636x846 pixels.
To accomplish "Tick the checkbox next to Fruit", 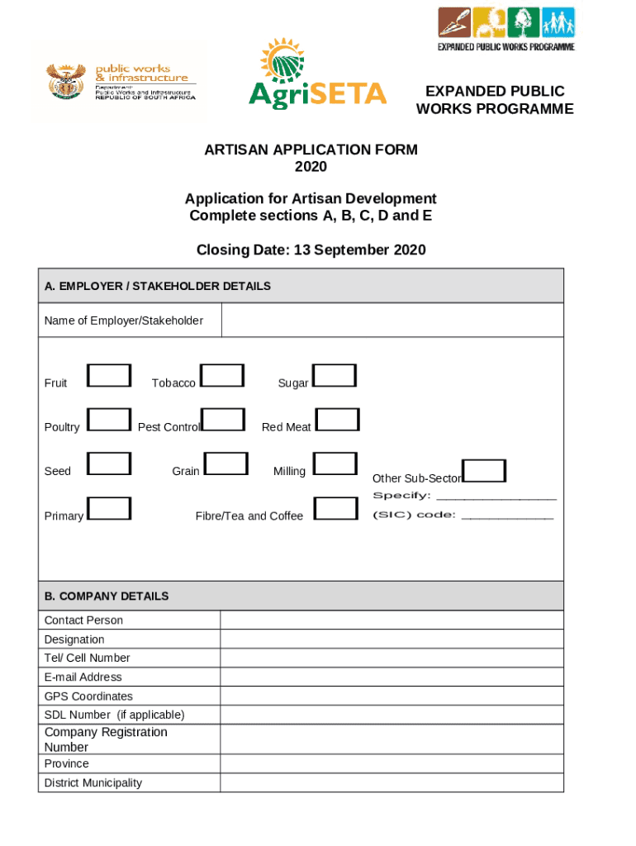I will [109, 376].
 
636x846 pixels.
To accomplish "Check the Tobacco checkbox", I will [223, 376].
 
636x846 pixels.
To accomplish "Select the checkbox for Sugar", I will [335, 376].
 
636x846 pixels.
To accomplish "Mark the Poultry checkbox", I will [109, 420].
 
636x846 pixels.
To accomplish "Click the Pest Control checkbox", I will [223, 420].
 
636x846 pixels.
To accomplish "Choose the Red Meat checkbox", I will [339, 420].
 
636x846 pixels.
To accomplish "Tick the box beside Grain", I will [226, 463].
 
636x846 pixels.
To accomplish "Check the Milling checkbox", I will [335, 463].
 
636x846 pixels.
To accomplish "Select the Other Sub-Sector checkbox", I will [485, 471].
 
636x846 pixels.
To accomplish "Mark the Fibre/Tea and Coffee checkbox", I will [337, 508].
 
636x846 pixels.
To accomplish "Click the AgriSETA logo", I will [317, 75].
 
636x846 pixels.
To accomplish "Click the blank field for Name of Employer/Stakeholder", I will [392, 321].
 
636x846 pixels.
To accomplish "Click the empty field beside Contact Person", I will [392, 620].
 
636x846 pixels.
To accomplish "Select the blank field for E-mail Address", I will [392, 677].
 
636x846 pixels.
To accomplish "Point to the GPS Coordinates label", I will [88, 696].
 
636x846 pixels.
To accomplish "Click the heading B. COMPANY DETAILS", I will [107, 596].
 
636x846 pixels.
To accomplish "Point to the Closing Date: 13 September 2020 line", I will [311, 250].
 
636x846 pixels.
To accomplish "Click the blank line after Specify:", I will [496, 497].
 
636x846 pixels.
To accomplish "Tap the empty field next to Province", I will [392, 764].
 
